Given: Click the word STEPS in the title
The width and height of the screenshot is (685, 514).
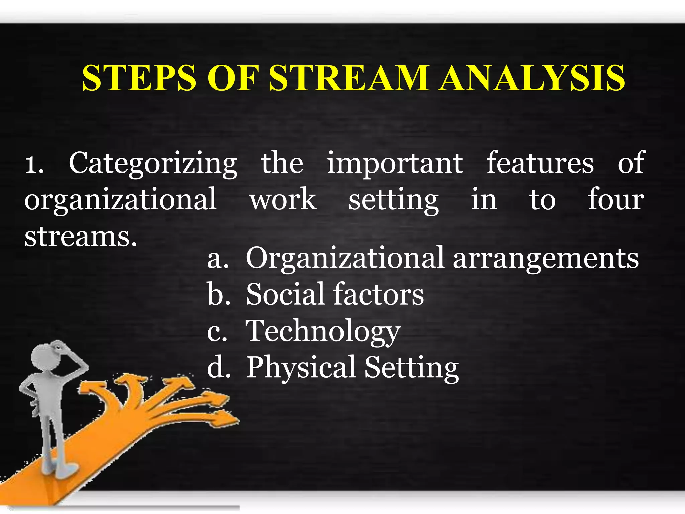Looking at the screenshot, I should (139, 78).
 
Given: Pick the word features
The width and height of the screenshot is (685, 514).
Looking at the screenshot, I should (540, 163).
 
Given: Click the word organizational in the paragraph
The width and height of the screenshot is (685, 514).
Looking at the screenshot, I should (120, 200).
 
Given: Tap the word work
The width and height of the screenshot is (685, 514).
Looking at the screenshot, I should (283, 199).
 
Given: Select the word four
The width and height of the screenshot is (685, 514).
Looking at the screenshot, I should (615, 199).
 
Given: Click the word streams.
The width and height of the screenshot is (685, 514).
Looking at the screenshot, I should (81, 237).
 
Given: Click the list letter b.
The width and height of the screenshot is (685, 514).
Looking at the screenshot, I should (218, 294).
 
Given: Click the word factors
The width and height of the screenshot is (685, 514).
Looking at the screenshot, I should (378, 294).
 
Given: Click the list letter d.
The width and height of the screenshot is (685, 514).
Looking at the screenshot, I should (218, 367).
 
